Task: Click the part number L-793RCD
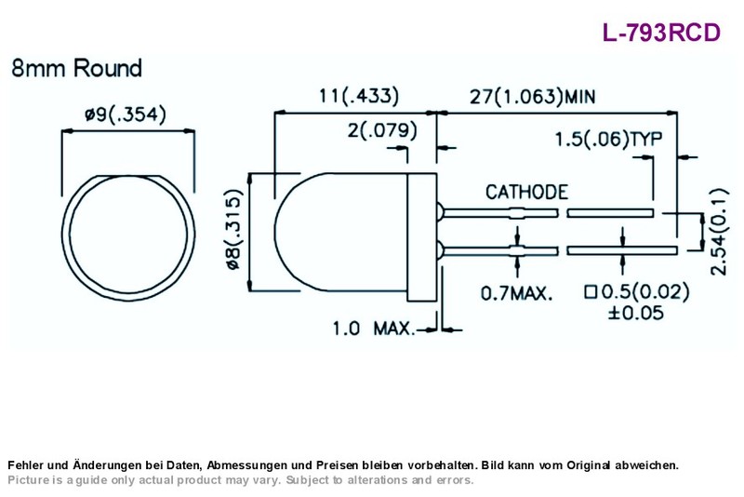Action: pos(661,33)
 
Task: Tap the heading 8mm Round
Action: pos(76,68)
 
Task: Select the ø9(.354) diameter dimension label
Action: pos(126,114)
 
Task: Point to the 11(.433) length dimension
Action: pos(359,96)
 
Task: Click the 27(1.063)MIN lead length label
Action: pos(532,97)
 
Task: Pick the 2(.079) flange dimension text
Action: pos(382,130)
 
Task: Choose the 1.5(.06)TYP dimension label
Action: pos(609,139)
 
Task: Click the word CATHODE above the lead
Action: pos(526,193)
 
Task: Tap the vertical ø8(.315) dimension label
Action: pos(234,230)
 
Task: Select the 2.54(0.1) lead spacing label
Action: pos(719,232)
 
